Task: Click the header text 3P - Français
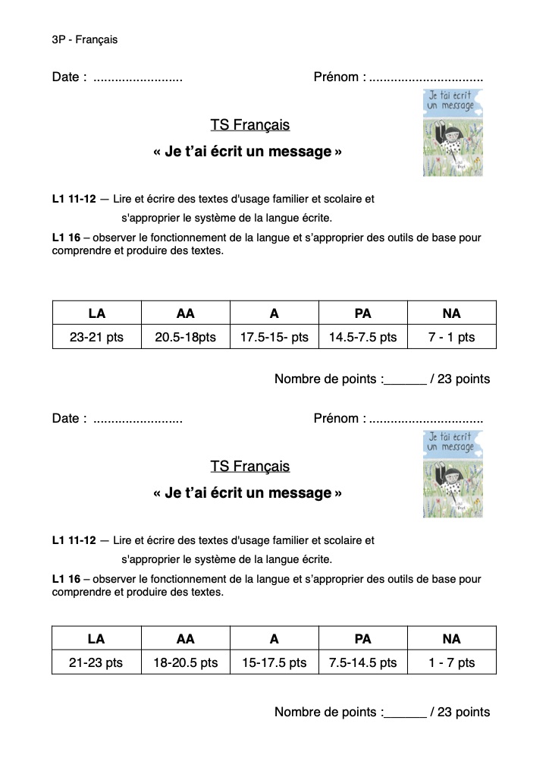coord(84,39)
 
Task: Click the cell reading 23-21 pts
coord(96,337)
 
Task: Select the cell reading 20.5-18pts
coord(185,337)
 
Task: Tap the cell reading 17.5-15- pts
coord(274,337)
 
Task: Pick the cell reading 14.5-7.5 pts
coord(362,337)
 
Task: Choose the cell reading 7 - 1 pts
coord(451,337)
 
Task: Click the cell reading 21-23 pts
coord(96,662)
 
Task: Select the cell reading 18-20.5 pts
coord(185,662)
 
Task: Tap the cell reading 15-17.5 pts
coord(274,662)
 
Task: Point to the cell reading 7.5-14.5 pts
coord(362,662)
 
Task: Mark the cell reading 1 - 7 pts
coord(451,662)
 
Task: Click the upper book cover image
coord(452,133)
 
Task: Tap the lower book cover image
coord(452,474)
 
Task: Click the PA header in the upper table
coord(362,313)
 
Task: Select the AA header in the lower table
coord(185,639)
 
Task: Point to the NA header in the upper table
coord(451,313)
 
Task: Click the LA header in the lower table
coord(96,639)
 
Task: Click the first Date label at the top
coord(68,77)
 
